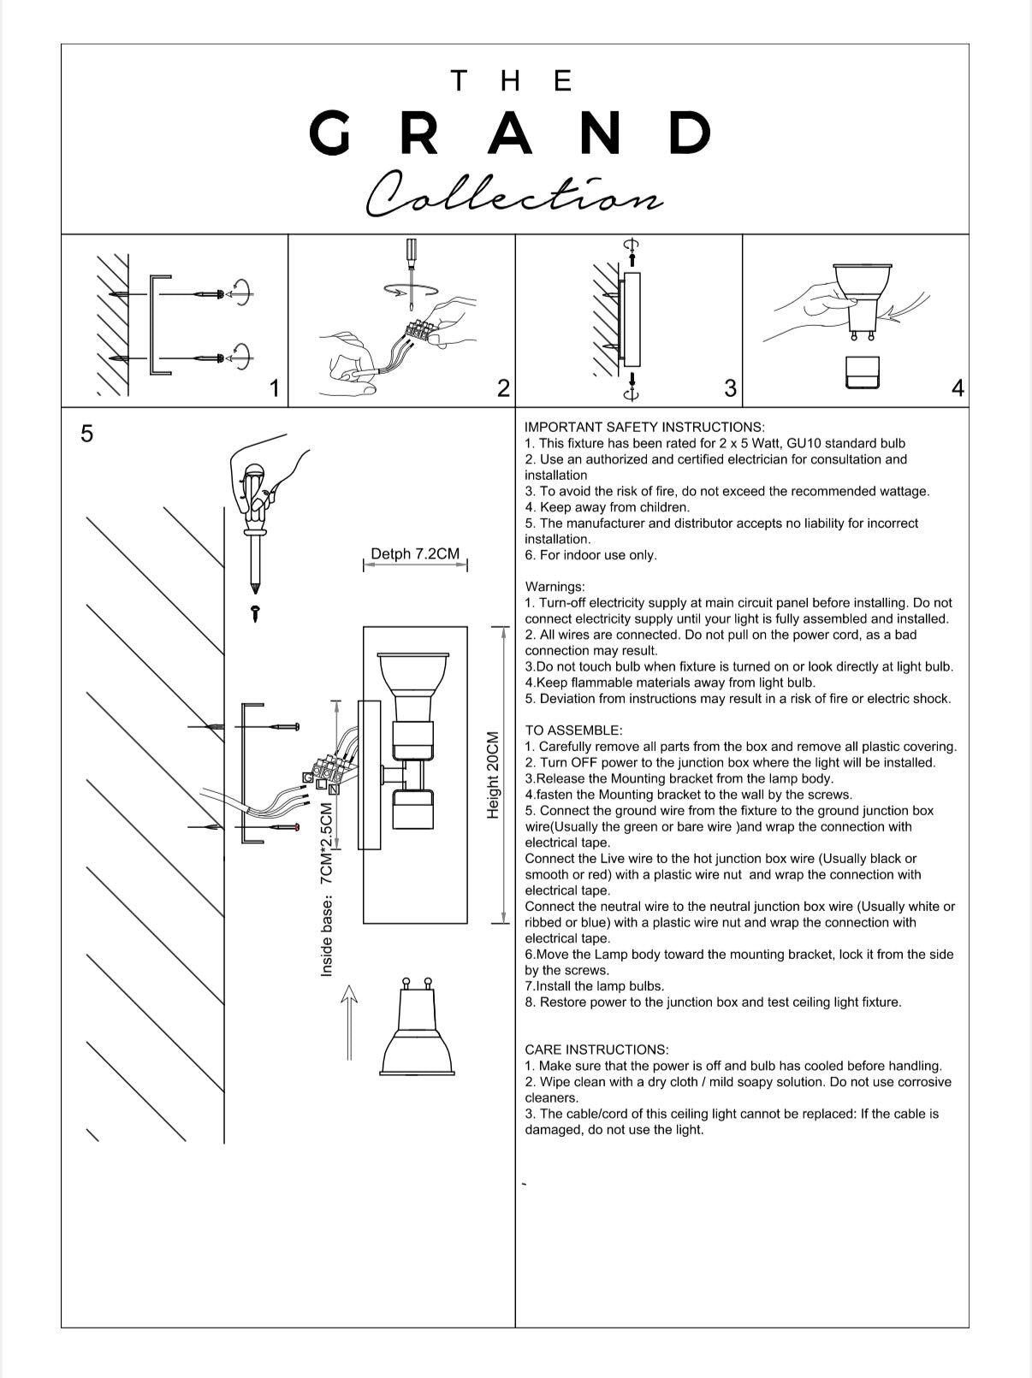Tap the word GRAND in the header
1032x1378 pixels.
click(x=510, y=133)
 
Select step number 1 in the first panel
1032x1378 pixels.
click(x=275, y=388)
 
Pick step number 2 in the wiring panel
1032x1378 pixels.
click(x=503, y=388)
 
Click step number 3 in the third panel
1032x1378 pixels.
click(x=730, y=388)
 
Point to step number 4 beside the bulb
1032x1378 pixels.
click(x=958, y=388)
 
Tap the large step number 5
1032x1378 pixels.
click(x=86, y=434)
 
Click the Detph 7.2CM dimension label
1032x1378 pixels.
click(x=415, y=553)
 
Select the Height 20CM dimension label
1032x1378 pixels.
click(x=493, y=775)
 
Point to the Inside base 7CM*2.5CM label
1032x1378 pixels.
click(x=326, y=890)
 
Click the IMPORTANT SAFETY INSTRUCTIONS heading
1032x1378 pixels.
click(x=644, y=428)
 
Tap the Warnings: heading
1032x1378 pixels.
click(x=555, y=587)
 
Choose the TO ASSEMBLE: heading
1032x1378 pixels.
click(x=573, y=730)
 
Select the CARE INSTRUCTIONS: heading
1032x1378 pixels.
click(x=597, y=1050)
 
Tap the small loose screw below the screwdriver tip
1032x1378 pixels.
click(x=255, y=613)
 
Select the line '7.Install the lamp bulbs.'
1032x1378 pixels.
click(x=595, y=986)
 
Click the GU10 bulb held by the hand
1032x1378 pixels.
click(x=862, y=299)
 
